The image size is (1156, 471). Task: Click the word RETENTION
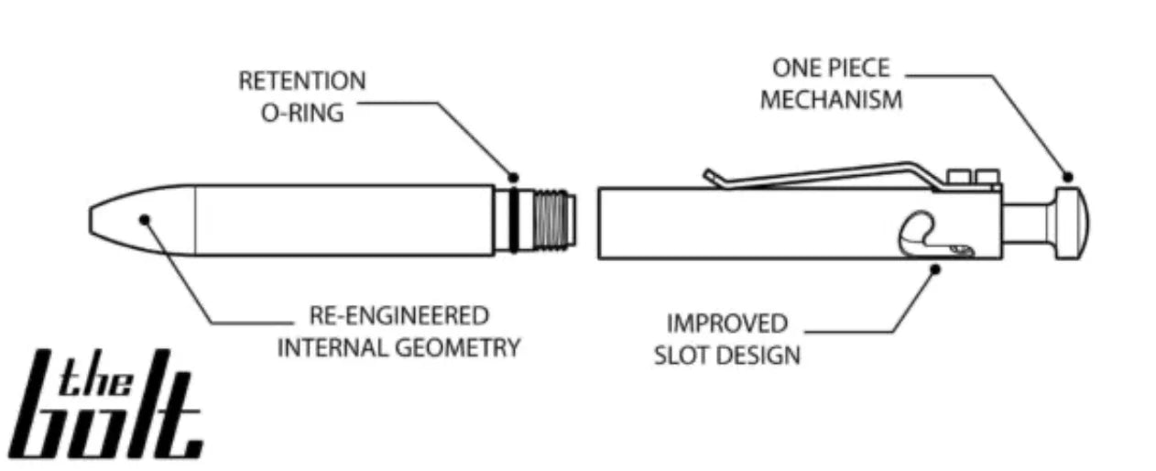(x=301, y=82)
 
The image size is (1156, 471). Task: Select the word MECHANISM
(x=830, y=100)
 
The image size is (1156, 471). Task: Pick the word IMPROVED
(x=725, y=323)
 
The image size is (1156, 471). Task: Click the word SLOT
(x=682, y=356)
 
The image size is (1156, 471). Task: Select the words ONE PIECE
(x=830, y=68)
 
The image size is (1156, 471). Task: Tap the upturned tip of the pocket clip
(x=709, y=174)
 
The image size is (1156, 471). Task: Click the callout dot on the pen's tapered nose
(x=144, y=219)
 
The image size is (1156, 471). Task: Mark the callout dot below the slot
(x=934, y=268)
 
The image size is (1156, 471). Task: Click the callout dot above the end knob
(x=1066, y=177)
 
